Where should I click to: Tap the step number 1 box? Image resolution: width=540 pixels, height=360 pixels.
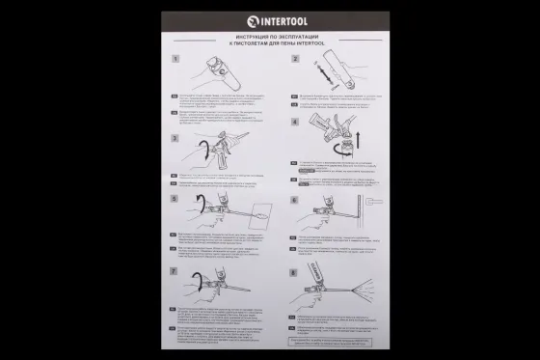175,58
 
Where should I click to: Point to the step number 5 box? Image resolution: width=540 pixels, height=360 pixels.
175,200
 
